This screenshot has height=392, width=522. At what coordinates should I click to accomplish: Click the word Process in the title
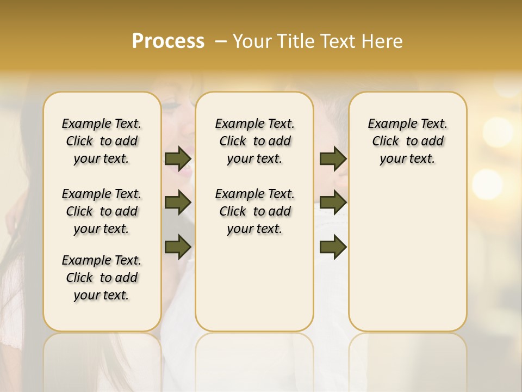point(168,41)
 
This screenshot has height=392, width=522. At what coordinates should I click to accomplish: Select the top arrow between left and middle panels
point(178,158)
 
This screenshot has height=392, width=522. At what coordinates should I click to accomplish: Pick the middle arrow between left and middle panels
point(178,203)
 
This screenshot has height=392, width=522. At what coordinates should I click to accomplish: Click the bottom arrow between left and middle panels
point(178,247)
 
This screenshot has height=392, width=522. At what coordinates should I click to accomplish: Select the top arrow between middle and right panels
point(333,158)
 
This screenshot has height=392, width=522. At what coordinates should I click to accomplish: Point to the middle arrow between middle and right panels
point(333,203)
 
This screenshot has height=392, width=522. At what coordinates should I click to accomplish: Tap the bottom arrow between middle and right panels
point(333,247)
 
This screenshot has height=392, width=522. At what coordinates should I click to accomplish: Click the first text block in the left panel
point(102,141)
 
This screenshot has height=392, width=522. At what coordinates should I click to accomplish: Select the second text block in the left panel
point(102,211)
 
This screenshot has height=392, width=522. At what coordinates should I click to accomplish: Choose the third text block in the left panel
point(102,278)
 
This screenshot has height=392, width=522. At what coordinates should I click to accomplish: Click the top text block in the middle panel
point(254,141)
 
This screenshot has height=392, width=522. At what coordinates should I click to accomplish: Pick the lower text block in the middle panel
point(254,211)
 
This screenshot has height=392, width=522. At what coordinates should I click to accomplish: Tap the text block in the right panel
point(407,141)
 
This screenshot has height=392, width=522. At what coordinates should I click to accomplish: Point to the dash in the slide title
point(221,41)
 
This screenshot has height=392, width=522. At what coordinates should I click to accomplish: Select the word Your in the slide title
point(252,41)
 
